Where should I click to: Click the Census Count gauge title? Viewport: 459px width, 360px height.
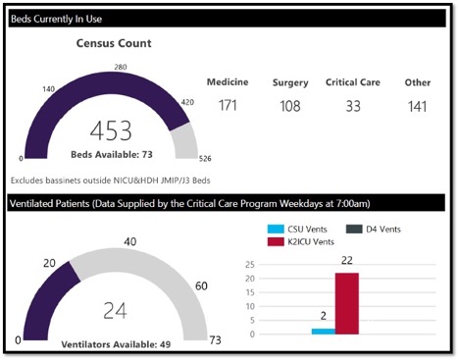point(114,44)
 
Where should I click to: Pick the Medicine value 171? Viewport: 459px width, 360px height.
point(228,105)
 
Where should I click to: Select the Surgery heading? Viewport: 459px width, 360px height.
point(290,82)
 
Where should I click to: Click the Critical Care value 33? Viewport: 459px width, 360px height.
point(353,105)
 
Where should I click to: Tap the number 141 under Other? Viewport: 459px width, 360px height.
point(417,105)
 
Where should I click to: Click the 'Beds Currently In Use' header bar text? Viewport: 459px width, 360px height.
point(56,19)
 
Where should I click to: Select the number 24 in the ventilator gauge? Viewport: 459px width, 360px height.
point(116,310)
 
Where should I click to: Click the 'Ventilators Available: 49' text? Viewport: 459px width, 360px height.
point(116,343)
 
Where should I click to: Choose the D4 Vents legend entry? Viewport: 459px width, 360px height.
point(378,229)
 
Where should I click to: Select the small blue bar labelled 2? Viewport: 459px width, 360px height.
point(323,331)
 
